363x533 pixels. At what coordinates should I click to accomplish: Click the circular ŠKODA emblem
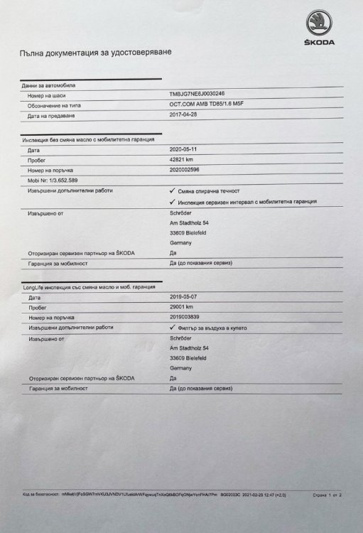click(317, 22)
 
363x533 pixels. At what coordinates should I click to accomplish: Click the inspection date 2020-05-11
click(187, 150)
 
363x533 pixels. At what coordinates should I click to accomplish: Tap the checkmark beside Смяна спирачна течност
click(173, 191)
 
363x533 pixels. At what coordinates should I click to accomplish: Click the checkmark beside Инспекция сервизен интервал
click(173, 202)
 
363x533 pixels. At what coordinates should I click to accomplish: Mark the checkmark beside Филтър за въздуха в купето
click(173, 328)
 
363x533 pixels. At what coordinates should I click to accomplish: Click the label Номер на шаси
click(45, 95)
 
